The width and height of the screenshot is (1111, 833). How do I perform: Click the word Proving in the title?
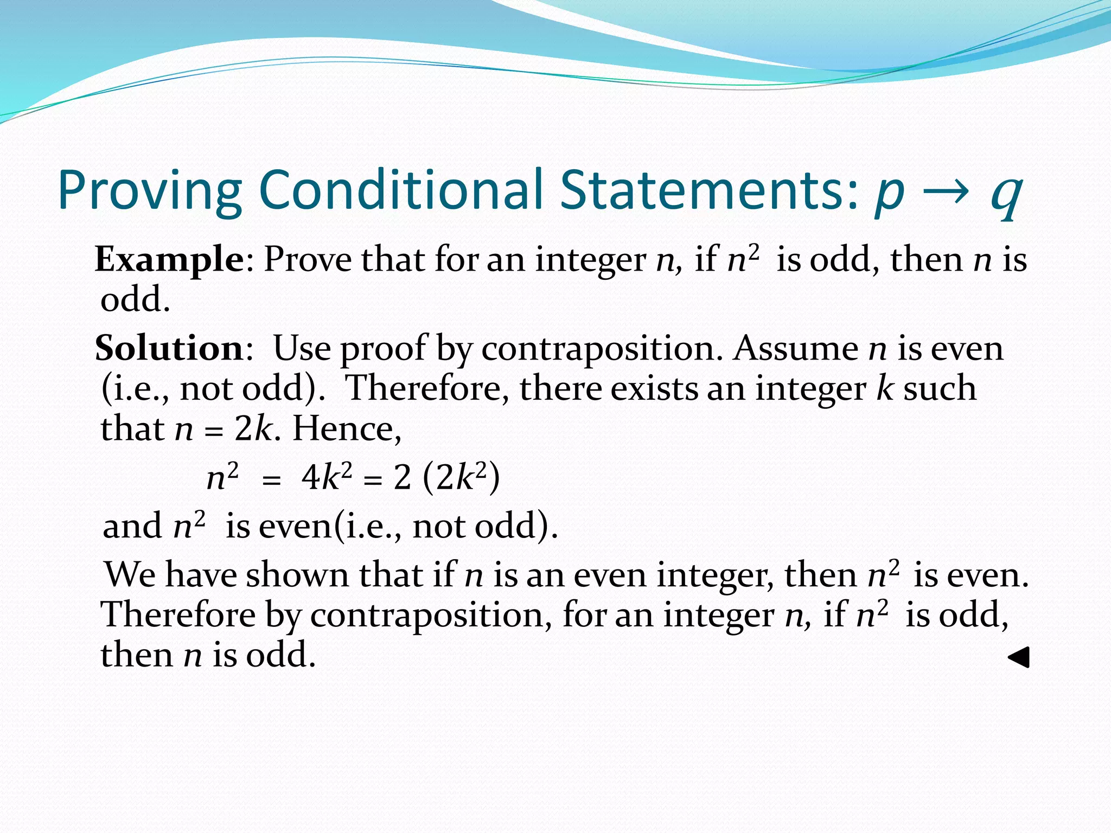pos(150,191)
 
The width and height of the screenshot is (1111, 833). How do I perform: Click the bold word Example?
pos(170,260)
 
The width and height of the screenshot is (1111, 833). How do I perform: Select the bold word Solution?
pos(169,348)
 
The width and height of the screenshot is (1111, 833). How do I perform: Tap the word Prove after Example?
pos(307,259)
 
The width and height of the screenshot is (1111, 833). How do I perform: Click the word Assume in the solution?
pos(795,348)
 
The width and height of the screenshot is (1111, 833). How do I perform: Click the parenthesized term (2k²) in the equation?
pos(461,478)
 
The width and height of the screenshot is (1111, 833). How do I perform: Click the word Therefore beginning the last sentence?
pos(178,615)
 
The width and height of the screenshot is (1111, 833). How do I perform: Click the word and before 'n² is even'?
pos(132,526)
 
